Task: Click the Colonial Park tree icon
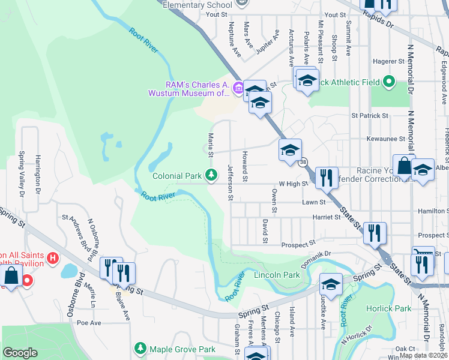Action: pyautogui.click(x=211, y=175)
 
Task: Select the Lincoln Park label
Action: pyautogui.click(x=277, y=275)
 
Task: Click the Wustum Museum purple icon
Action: pyautogui.click(x=238, y=88)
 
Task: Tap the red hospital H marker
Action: pyautogui.click(x=53, y=259)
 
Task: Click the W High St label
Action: pyautogui.click(x=293, y=184)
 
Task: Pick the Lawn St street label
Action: pyautogui.click(x=313, y=202)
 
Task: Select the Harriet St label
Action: pyautogui.click(x=327, y=218)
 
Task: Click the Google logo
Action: pyautogui.click(x=20, y=353)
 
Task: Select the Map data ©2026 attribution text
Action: pyautogui.click(x=423, y=355)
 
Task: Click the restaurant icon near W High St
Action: pyautogui.click(x=326, y=178)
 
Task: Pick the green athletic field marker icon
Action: pyautogui.click(x=388, y=81)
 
